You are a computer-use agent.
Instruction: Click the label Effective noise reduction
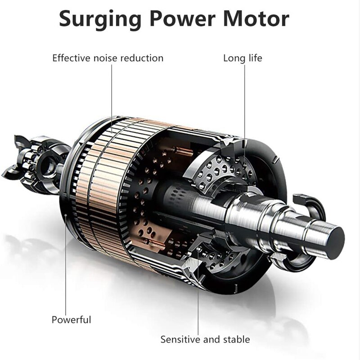[x=108, y=58]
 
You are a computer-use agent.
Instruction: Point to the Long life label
[x=243, y=58]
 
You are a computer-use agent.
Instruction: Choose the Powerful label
[x=71, y=320]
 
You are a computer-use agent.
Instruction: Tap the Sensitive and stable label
[x=205, y=339]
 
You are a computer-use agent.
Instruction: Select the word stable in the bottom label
[x=237, y=339]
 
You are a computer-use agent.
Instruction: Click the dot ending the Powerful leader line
[x=66, y=215]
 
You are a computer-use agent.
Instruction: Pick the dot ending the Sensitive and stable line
[x=198, y=250]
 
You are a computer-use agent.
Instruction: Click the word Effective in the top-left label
[x=71, y=58]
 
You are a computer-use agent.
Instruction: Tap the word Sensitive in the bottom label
[x=180, y=339]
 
